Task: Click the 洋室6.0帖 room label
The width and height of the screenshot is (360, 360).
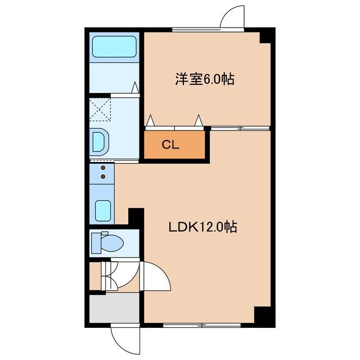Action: tap(204, 79)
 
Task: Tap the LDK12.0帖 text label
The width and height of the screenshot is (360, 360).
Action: tap(202, 227)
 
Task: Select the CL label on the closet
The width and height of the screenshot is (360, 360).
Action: tap(170, 145)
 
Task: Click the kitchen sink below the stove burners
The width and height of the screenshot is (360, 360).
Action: tap(102, 210)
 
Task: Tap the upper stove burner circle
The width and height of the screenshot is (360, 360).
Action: tap(103, 168)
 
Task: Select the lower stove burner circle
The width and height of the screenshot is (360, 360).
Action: tap(103, 177)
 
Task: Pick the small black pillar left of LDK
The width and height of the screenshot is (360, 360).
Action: tap(136, 216)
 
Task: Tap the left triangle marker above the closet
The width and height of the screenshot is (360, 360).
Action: tap(150, 120)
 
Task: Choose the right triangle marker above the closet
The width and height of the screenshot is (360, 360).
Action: tap(198, 120)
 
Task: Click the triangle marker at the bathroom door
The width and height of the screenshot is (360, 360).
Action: tap(135, 88)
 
